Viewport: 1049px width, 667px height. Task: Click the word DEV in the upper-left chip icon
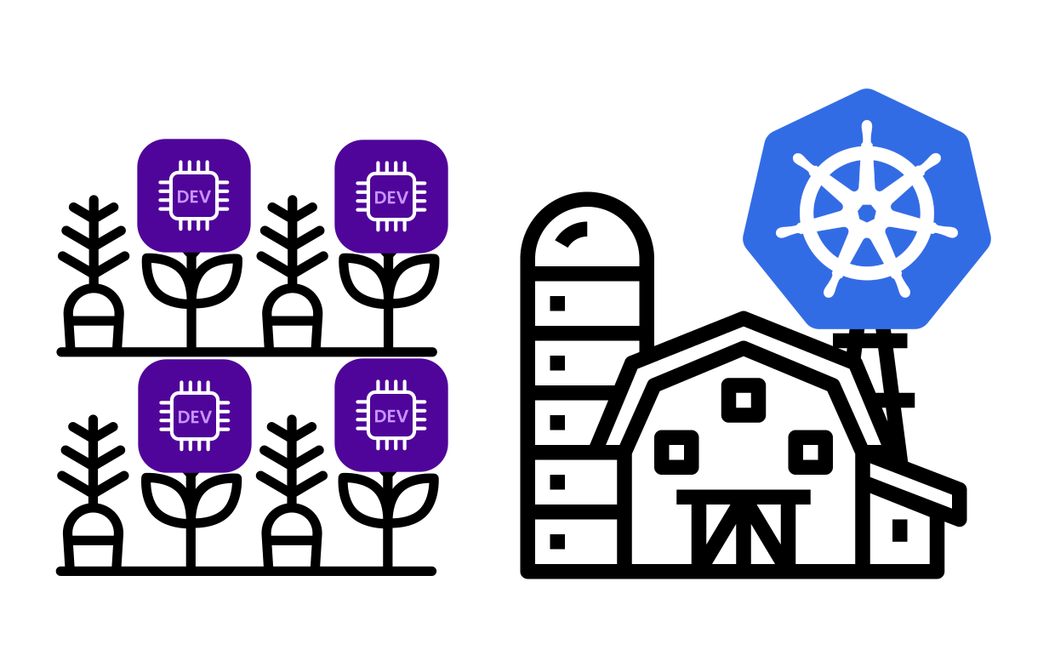click(194, 197)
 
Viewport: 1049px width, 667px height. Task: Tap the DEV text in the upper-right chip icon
click(391, 197)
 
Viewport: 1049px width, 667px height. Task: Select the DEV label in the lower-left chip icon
click(195, 417)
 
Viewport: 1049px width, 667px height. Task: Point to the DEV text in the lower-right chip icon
click(391, 416)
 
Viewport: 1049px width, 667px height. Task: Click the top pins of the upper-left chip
click(194, 166)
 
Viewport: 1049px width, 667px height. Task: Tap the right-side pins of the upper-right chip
click(420, 197)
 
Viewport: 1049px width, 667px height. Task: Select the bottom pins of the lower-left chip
click(195, 445)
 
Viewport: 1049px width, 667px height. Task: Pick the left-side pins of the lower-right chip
click(362, 416)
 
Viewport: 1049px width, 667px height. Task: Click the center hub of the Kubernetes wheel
click(867, 213)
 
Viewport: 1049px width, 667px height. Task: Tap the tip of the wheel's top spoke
click(867, 126)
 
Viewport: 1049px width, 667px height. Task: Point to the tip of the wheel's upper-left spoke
click(799, 159)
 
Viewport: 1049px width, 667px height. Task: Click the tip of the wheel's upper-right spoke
click(935, 159)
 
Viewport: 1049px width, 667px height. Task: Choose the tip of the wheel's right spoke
click(953, 231)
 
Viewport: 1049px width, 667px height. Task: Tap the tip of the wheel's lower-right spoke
click(904, 292)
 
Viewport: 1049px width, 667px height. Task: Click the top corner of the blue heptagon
click(867, 88)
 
